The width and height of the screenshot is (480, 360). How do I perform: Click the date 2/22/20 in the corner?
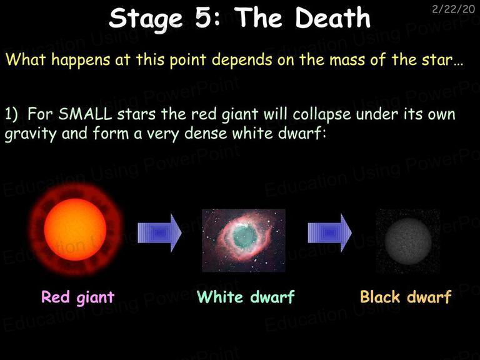453,9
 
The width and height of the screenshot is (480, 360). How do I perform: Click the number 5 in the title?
204,17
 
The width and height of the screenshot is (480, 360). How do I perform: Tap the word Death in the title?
332,17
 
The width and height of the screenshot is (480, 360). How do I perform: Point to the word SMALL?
86,114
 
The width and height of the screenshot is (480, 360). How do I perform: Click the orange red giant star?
75,229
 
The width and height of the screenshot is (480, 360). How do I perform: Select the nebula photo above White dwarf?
244,240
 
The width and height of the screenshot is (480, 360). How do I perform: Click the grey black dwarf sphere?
408,241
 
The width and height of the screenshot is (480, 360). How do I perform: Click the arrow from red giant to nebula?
159,233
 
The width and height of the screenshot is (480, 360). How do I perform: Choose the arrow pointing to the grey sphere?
330,233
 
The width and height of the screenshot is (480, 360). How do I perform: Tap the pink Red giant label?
77,297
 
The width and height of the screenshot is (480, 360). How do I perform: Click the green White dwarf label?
246,296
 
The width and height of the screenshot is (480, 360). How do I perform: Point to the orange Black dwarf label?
406,296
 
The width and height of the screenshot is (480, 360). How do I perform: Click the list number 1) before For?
11,114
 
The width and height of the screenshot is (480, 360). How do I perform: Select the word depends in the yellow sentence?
242,60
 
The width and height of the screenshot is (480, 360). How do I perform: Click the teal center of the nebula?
245,236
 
